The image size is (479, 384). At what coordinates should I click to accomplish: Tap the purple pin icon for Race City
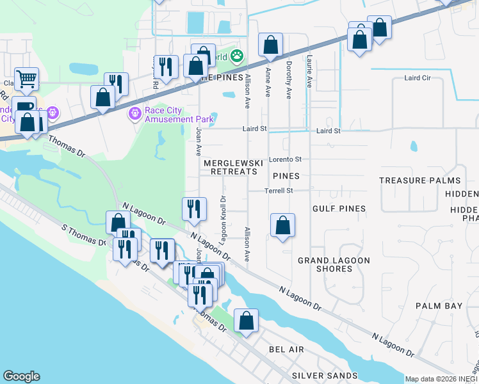click(x=135, y=114)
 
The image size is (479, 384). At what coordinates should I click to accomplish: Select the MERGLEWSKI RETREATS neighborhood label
click(x=233, y=168)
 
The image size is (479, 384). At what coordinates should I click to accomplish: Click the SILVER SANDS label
click(x=325, y=375)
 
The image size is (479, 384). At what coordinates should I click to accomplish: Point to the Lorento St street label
click(x=284, y=159)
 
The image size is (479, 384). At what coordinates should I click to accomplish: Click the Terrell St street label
click(x=279, y=191)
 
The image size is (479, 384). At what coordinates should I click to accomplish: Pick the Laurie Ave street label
click(x=309, y=70)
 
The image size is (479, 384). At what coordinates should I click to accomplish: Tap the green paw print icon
click(x=237, y=56)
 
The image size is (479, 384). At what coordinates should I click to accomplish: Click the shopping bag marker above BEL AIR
click(x=246, y=321)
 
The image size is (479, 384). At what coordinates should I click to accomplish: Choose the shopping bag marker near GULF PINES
click(x=282, y=226)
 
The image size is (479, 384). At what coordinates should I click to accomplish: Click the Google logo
click(x=21, y=376)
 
